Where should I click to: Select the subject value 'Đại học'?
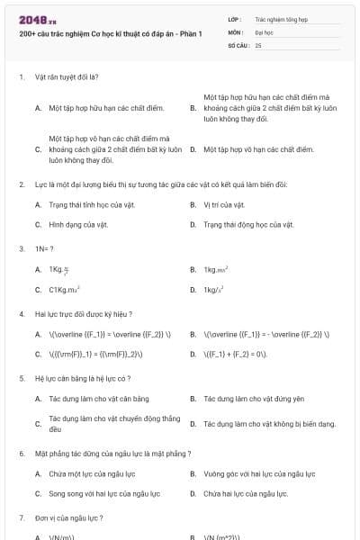pyautogui.click(x=264, y=31)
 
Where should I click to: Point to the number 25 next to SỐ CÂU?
pyautogui.click(x=258, y=44)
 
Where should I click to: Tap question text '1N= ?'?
pyautogui.click(x=44, y=247)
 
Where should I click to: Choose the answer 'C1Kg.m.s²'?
pyautogui.click(x=65, y=290)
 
